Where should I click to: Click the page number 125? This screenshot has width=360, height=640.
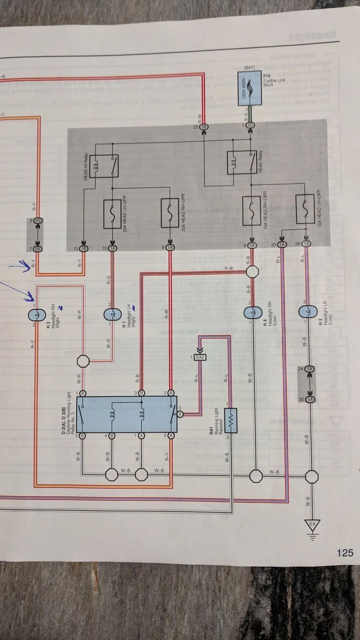345,553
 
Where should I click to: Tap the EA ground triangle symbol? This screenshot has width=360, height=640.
312,525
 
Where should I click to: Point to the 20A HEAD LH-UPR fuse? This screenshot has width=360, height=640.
112,214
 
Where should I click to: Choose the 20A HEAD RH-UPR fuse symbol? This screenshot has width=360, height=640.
170,213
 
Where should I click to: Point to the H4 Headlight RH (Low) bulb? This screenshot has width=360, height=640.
253,312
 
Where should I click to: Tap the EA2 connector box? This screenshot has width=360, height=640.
200,357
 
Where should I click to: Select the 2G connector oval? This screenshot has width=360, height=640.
38,221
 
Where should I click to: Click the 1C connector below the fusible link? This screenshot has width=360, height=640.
250,125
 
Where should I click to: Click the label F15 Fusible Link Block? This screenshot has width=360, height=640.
274,80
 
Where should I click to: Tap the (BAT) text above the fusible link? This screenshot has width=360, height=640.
249,68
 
